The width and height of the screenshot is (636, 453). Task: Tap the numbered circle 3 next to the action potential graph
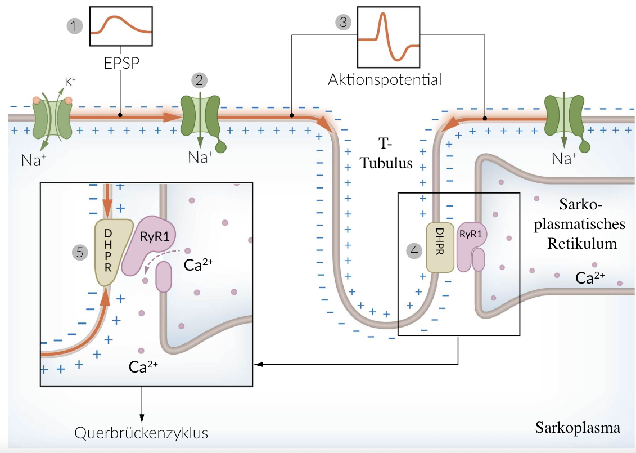[342, 23]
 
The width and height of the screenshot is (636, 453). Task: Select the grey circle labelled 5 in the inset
[81, 252]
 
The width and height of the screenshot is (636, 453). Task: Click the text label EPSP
[121, 62]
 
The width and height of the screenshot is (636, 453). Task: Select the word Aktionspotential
[385, 79]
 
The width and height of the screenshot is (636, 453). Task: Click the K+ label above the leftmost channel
[70, 82]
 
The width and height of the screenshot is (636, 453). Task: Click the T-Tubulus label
[386, 156]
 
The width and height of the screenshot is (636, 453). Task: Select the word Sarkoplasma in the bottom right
[578, 428]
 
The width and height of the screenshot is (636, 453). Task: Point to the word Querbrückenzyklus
[141, 433]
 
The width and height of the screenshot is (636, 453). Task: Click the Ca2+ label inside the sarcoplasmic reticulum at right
[590, 277]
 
